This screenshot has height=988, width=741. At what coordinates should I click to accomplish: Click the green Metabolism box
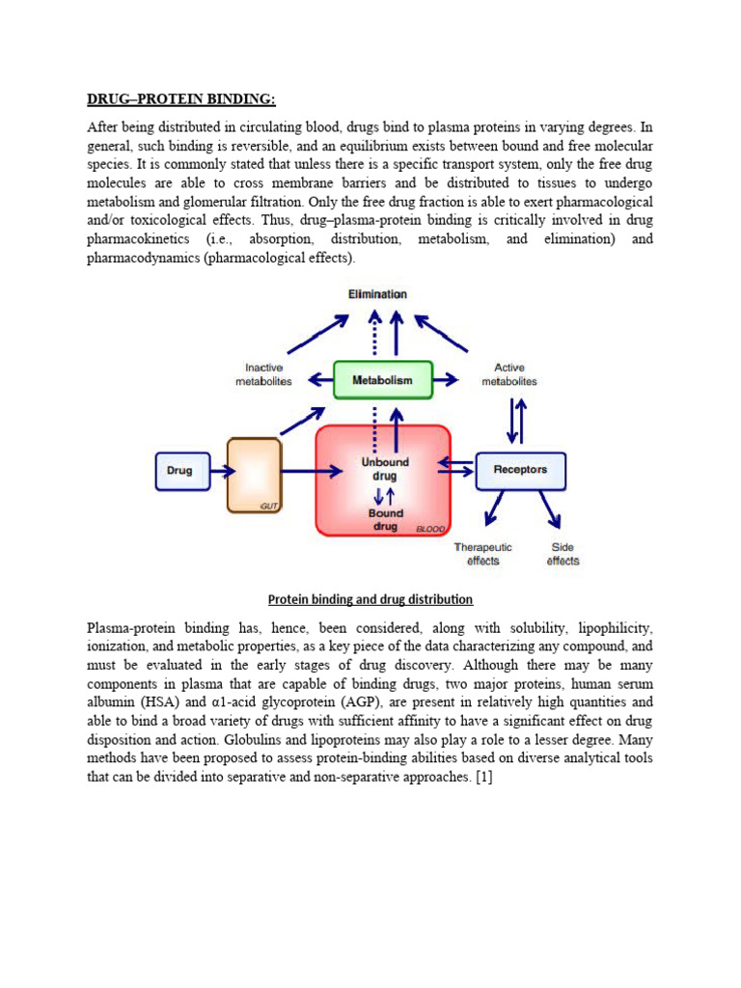pos(382,380)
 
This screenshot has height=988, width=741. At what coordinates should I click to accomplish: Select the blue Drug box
pos(179,471)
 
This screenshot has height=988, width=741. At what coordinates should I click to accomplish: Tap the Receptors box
pos(520,471)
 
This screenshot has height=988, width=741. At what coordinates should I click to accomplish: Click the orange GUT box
pos(255,475)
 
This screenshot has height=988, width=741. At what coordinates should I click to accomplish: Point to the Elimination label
pos(378,293)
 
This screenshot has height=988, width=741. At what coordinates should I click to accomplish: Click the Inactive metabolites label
pos(262,374)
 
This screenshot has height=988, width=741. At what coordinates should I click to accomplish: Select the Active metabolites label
pos(509,374)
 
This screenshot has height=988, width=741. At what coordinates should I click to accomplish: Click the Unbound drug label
pos(385,469)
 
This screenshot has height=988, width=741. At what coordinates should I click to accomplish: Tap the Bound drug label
pos(385,520)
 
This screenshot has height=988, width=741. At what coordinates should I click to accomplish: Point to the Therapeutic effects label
pos(483,554)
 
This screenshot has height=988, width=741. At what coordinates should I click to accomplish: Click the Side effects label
pos(563,554)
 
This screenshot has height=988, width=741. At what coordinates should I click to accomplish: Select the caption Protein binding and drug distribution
pos(370,599)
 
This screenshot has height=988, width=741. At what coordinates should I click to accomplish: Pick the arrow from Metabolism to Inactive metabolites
pos(316,380)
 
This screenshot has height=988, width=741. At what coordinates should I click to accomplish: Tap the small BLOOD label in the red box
pos(429,530)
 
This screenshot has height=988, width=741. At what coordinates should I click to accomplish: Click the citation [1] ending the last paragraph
pos(482,777)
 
